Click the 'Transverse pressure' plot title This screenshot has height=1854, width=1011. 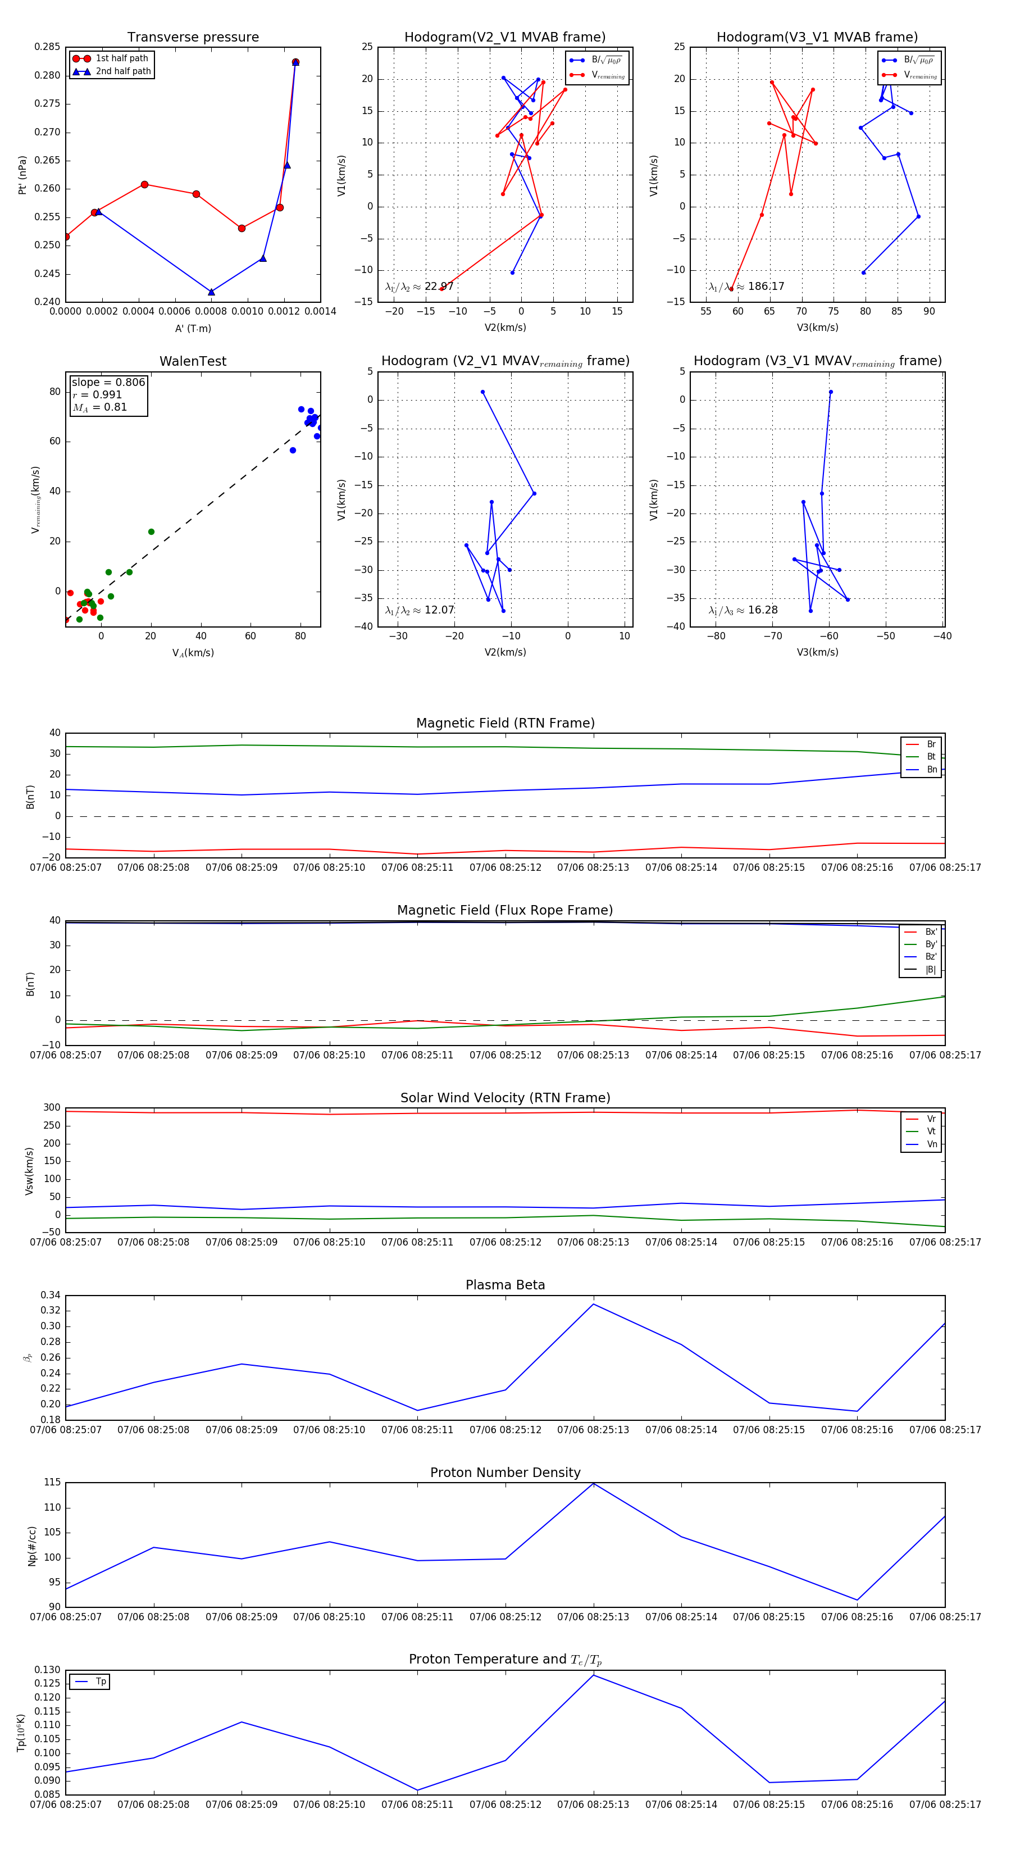pos(193,38)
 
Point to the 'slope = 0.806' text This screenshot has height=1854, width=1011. pos(108,382)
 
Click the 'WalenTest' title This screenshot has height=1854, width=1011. pos(193,361)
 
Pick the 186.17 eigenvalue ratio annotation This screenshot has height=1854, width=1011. pos(746,287)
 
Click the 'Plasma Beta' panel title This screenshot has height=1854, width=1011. pos(505,1285)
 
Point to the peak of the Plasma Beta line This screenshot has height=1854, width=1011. pos(594,1304)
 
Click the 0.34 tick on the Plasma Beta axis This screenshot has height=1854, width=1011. pos(51,1296)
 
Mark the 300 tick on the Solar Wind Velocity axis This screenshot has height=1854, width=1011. pos(52,1108)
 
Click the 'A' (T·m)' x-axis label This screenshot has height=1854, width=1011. pos(193,328)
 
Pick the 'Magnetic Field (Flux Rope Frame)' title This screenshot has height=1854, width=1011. pos(505,911)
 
